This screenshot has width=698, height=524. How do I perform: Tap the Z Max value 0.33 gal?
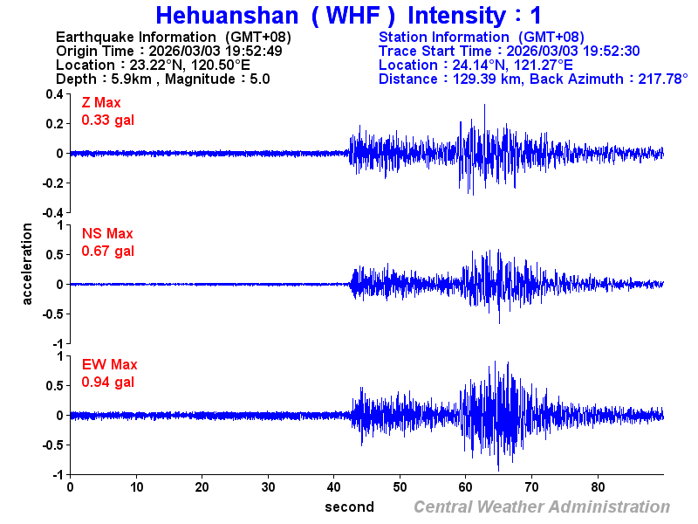[x=107, y=120]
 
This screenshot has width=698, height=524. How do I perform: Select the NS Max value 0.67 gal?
[x=107, y=251]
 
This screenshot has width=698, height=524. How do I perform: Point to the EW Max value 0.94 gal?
[x=107, y=382]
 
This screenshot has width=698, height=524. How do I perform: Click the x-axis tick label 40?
[x=334, y=486]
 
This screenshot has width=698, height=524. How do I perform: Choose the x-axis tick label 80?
[x=599, y=486]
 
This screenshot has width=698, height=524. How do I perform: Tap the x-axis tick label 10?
[x=136, y=486]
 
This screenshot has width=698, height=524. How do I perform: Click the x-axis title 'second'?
[x=349, y=507]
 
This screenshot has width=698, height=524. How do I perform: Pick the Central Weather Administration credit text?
[x=542, y=507]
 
